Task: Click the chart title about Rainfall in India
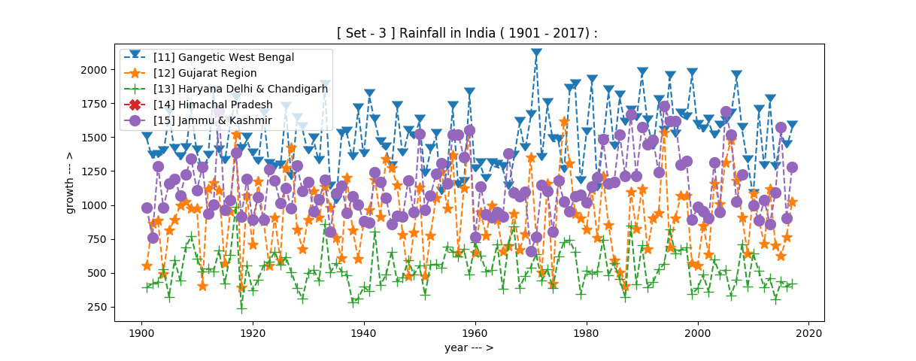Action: coord(468,33)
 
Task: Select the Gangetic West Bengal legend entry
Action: coord(223,57)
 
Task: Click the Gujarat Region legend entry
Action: coord(205,73)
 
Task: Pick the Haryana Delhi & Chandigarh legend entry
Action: coord(240,89)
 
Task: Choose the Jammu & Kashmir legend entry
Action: coord(212,120)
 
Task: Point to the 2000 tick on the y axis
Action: coord(95,70)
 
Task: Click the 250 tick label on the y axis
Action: coord(98,307)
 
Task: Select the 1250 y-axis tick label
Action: coord(95,171)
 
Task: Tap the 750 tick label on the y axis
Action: coord(98,239)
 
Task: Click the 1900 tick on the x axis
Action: coord(141,332)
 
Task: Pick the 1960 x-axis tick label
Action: coord(475,332)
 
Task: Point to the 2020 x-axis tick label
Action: coord(808,332)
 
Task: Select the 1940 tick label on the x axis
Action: coord(364,332)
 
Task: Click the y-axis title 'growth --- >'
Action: coord(70,183)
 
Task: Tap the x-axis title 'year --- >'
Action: coord(469,347)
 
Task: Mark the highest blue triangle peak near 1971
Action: coord(536,53)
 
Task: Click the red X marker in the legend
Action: coord(135,105)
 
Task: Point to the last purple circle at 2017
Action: coord(792,168)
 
